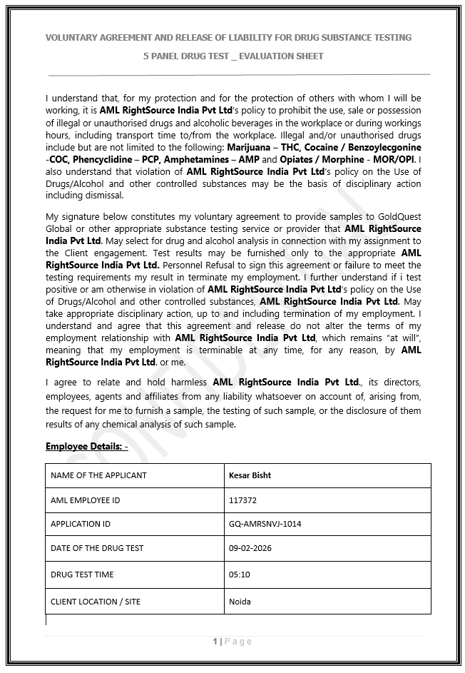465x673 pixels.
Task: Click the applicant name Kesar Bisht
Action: [x=250, y=475]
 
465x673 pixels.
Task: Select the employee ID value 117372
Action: [x=242, y=500]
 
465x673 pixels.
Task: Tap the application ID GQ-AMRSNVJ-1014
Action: [x=265, y=524]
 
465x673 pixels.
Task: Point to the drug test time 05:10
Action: [x=239, y=575]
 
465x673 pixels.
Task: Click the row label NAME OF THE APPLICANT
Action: [x=98, y=475]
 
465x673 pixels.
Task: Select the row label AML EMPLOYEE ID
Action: [x=85, y=500]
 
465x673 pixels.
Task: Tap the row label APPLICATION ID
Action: [x=81, y=524]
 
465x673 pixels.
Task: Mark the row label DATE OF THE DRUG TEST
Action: [x=97, y=548]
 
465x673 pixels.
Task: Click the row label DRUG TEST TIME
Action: [x=82, y=575]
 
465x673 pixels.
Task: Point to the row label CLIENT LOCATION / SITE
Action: [x=96, y=602]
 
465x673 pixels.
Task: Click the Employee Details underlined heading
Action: [x=86, y=447]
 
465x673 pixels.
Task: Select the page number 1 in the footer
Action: [x=215, y=642]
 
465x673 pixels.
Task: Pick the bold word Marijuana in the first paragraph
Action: [x=248, y=146]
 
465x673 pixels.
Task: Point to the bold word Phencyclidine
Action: [x=96, y=159]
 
